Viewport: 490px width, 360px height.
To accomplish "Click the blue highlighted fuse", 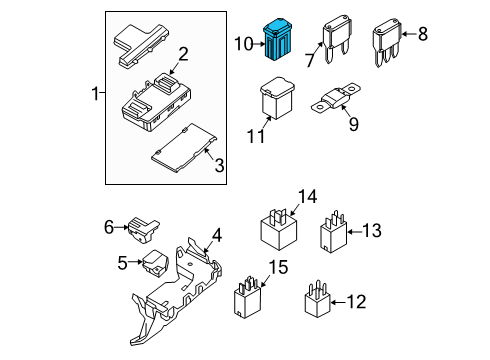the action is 277,40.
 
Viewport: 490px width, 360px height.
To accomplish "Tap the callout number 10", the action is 244,44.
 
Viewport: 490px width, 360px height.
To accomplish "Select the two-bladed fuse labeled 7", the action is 337,39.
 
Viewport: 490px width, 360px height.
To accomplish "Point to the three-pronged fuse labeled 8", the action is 387,43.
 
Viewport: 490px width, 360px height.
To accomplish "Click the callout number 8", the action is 423,34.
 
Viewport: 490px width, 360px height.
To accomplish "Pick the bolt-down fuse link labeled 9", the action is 335,98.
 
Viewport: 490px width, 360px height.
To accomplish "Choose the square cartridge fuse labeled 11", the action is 277,98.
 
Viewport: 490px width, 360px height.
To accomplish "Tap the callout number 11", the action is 256,136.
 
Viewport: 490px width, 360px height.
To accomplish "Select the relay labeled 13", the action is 333,232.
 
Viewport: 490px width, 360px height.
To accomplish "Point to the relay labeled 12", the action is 317,299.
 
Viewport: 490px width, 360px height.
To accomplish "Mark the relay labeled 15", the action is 247,297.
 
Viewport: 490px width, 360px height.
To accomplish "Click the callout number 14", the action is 307,196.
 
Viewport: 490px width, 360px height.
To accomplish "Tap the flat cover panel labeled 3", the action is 184,148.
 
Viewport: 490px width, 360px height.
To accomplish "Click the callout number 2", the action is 183,54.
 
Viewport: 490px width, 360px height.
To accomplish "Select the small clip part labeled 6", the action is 143,230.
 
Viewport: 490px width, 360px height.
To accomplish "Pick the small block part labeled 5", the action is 155,263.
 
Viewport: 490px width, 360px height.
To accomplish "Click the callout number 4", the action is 217,235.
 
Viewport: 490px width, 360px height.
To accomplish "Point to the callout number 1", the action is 95,93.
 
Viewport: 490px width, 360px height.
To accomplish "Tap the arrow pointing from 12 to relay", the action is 338,302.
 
